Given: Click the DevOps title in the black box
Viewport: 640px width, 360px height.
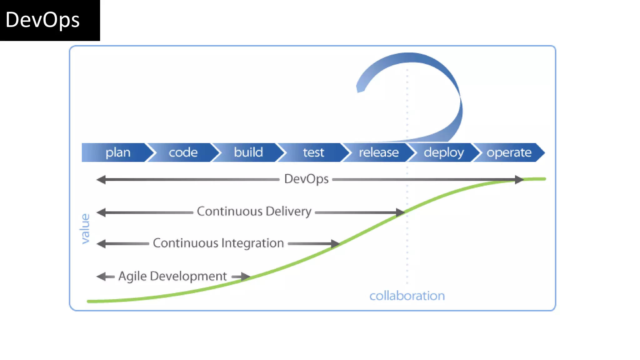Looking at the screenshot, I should pyautogui.click(x=42, y=20).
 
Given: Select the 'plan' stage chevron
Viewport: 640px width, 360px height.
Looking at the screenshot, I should pyautogui.click(x=118, y=152).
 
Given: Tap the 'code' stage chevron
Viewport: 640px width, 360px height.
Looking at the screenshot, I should pyautogui.click(x=183, y=152).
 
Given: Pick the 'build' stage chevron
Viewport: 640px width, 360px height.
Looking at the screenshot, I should pyautogui.click(x=248, y=152).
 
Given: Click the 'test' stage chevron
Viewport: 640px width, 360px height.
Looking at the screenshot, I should pyautogui.click(x=313, y=152).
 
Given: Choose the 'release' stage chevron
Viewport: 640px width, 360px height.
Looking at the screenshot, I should pyautogui.click(x=378, y=152).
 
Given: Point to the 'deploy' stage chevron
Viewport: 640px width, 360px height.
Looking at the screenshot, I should pyautogui.click(x=444, y=152).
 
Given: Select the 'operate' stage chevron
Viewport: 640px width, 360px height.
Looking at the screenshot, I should pyautogui.click(x=509, y=152).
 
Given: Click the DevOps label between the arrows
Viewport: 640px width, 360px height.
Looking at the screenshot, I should pyautogui.click(x=306, y=179).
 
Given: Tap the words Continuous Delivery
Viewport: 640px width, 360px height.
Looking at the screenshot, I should pyautogui.click(x=254, y=212).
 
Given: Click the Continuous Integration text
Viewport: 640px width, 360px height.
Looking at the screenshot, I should pyautogui.click(x=218, y=243).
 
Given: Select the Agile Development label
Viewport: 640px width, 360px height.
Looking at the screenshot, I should pyautogui.click(x=172, y=276).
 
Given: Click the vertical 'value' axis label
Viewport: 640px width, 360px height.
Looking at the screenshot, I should pyautogui.click(x=85, y=228).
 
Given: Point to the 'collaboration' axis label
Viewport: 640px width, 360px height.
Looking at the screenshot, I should pyautogui.click(x=407, y=296).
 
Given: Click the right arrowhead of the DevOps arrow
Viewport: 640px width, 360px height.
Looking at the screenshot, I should pyautogui.click(x=519, y=180).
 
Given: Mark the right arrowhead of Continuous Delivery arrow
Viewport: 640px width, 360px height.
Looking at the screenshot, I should pyautogui.click(x=400, y=212).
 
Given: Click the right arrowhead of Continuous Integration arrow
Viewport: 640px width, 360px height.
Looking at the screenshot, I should pyautogui.click(x=335, y=244).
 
